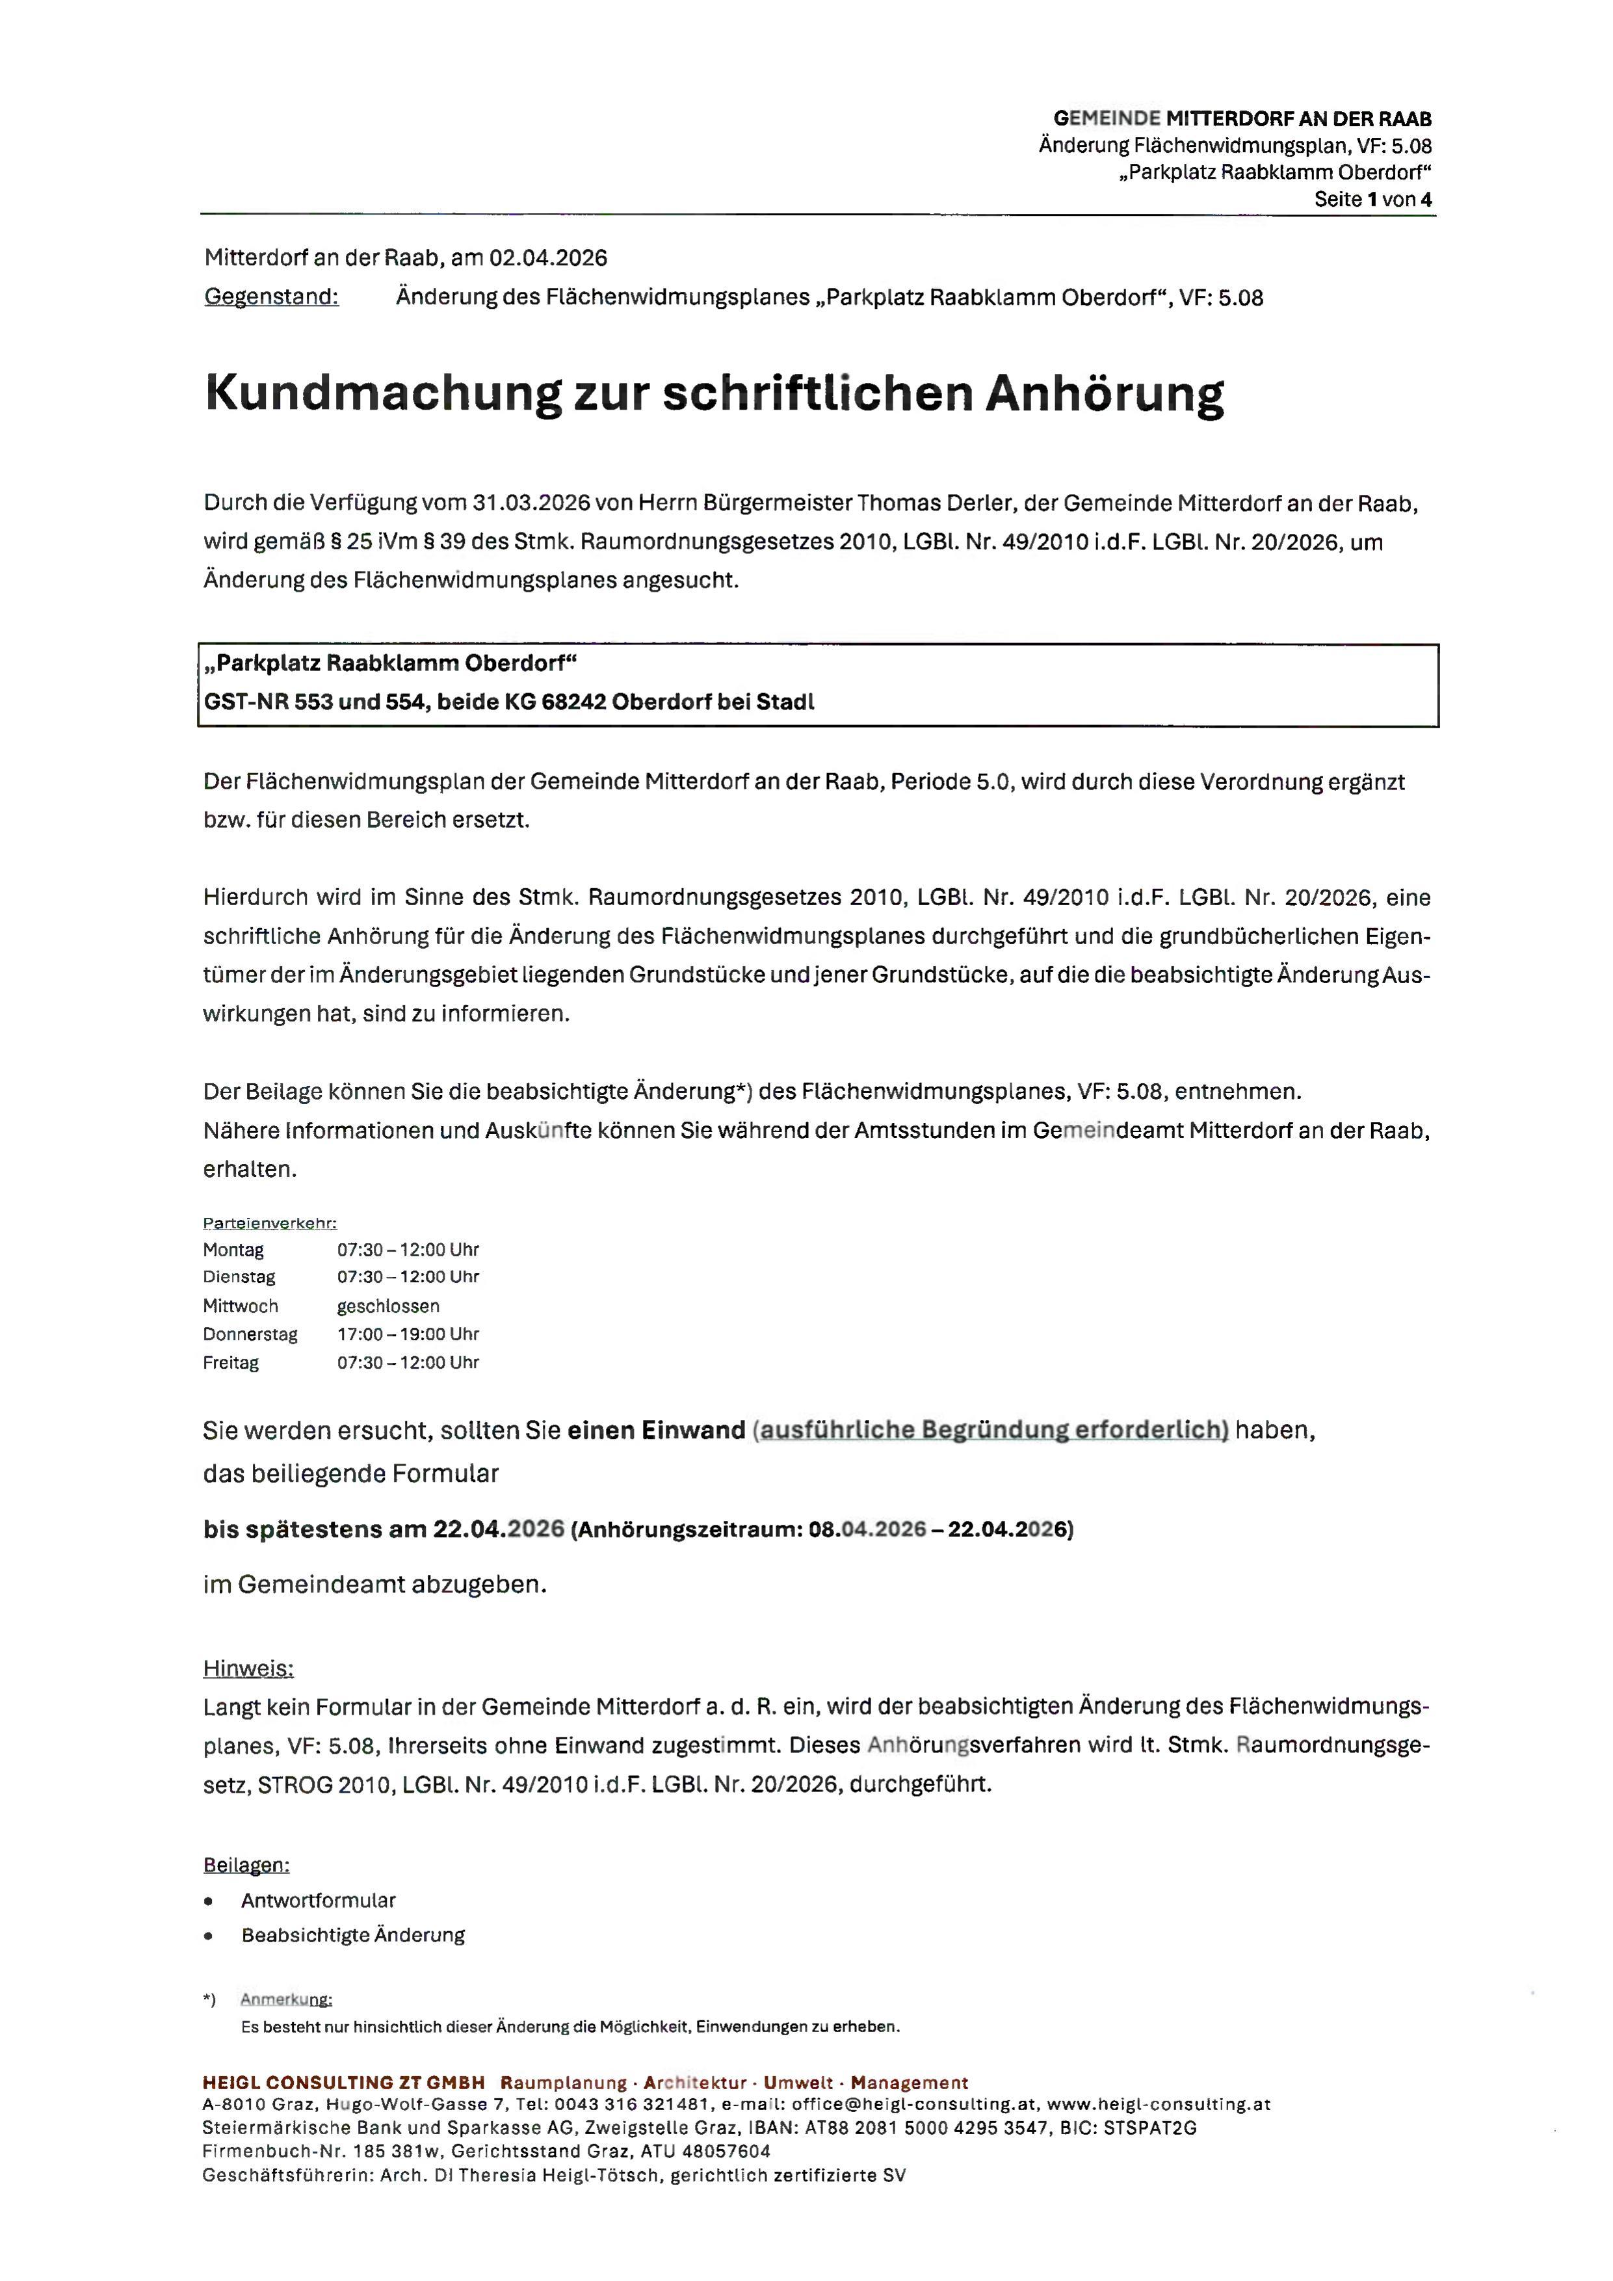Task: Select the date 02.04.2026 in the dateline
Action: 547,258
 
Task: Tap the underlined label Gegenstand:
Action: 271,297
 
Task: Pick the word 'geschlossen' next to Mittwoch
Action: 387,1306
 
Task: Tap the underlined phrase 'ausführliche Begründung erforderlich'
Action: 990,1430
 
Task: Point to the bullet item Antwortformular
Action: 318,1901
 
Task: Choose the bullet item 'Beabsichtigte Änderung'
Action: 352,1935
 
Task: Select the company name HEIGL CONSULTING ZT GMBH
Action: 344,2082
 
